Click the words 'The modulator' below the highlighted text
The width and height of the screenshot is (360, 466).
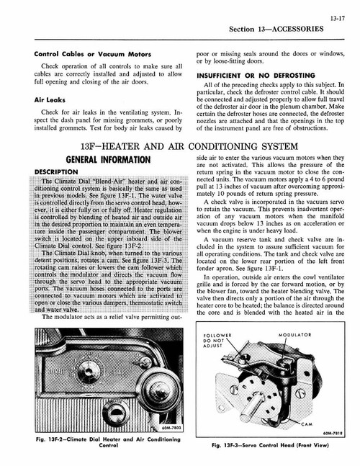66,337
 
